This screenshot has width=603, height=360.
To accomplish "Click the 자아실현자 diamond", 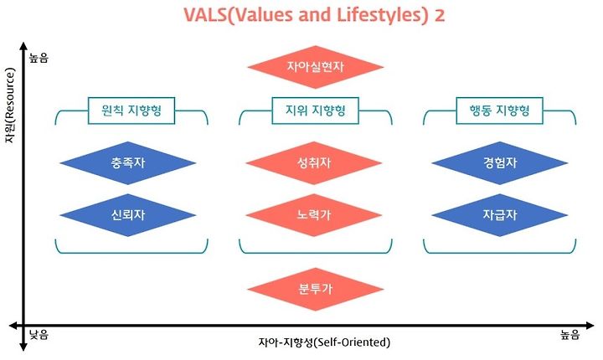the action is pos(316,67).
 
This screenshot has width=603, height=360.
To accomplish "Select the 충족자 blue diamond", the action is pos(128,163).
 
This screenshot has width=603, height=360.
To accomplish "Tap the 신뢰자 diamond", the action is pos(128,215).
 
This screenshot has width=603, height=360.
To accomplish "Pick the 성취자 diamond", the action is pos(314,163).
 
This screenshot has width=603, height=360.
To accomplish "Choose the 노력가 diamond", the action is pos(314,215).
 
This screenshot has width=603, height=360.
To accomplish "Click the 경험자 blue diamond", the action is pos(499,163).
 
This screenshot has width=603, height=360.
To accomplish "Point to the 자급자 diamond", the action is pos(499,215).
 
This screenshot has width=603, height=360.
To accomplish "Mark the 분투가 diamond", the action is pos(316,289).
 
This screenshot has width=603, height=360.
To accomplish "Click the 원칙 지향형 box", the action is pos(131,111).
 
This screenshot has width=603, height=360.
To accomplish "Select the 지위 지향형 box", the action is pos(316,111).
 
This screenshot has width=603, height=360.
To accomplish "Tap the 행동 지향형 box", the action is pos(499,111).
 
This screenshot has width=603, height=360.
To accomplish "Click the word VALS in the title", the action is pos(205,15).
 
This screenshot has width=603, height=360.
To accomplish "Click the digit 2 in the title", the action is pos(439,15).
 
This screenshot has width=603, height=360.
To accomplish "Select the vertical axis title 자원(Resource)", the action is pos(9,105).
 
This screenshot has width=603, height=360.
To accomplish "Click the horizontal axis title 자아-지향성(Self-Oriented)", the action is pos(324,342).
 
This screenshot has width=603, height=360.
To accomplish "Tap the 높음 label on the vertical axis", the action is pos(39,59).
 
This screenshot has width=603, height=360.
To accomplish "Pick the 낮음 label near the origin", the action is pos(39,335).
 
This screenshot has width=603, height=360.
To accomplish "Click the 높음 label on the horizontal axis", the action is pos(570,335).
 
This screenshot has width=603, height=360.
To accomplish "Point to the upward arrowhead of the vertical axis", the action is pos(23,46).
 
